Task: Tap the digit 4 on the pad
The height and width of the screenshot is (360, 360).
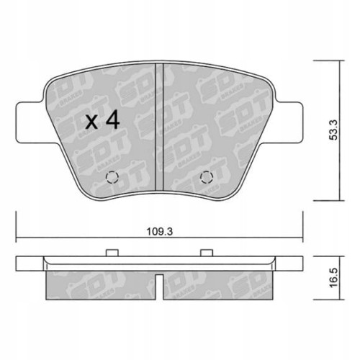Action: tap(112, 120)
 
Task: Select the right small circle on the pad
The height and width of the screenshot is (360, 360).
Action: tap(207, 179)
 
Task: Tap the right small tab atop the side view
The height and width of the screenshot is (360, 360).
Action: tap(207, 252)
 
